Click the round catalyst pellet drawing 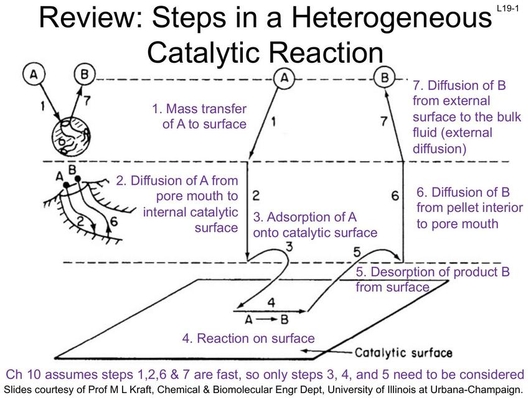pos(70,139)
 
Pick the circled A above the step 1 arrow pos(284,78)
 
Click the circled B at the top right pos(385,78)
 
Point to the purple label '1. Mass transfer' pos(199,109)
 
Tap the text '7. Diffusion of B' pos(459,85)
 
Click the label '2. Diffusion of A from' pos(177,181)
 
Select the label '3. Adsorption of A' pos(305,217)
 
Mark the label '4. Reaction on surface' pos(248,338)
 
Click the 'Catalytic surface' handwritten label pos(403,353)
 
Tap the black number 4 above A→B pos(270,303)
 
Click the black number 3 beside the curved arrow pos(288,246)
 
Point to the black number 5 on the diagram pos(357,251)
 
